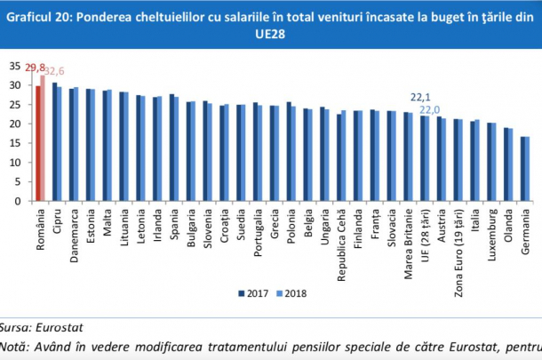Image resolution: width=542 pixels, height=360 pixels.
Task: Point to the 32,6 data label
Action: [x=53, y=70]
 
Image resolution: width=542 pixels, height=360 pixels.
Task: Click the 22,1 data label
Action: [x=419, y=96]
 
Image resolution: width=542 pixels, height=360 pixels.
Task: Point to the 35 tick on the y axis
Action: [x=12, y=66]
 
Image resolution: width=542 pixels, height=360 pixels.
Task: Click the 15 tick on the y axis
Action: [x=12, y=143]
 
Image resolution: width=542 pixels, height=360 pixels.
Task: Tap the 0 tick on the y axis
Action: [x=16, y=201]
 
